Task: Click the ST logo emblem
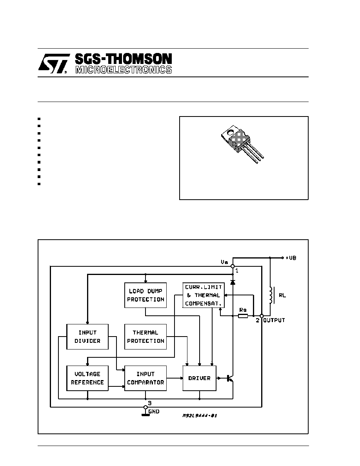[53, 63]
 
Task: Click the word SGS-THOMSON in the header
[123, 59]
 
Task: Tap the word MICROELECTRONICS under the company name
[124, 70]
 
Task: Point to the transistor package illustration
[242, 144]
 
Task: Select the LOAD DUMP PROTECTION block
[145, 295]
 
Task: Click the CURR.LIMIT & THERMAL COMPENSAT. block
[204, 295]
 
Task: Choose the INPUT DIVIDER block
[87, 337]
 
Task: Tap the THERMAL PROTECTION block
[145, 337]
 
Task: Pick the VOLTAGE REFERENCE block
[87, 378]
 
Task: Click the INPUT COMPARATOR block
[145, 378]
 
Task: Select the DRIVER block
[199, 378]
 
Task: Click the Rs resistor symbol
[243, 316]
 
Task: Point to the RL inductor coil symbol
[271, 295]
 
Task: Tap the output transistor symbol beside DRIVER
[230, 378]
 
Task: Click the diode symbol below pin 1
[233, 282]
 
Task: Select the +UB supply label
[291, 258]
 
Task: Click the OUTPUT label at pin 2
[274, 320]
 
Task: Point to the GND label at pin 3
[154, 411]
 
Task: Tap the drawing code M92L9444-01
[200, 415]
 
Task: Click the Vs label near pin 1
[224, 262]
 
